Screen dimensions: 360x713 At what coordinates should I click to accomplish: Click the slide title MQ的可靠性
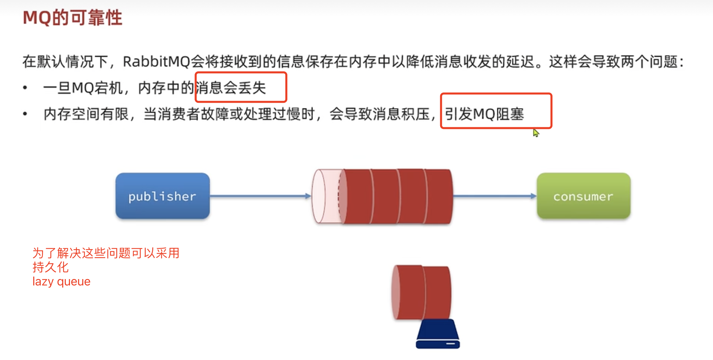coord(72,17)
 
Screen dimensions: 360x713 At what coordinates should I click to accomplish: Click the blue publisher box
coord(163,196)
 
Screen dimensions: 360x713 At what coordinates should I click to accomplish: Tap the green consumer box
coord(583,196)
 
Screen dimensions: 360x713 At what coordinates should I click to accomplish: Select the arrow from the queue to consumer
coord(494,196)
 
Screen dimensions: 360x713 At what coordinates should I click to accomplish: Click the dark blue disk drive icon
coord(438,334)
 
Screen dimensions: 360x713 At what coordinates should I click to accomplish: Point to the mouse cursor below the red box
coord(536,133)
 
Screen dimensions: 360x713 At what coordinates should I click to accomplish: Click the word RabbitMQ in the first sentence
coord(156,62)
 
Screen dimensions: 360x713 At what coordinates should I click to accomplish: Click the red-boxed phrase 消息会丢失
coord(231,88)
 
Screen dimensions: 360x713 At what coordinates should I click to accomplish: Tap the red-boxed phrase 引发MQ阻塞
coord(484,114)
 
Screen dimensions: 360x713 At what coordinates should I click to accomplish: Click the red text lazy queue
coord(61,281)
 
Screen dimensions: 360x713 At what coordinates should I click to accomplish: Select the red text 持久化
coord(50,267)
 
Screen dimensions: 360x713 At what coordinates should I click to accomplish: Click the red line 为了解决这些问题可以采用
coord(106,253)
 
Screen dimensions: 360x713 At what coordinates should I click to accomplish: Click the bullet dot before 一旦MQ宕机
coord(25,88)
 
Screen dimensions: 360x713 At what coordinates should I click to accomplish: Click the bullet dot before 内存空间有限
coord(25,114)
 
